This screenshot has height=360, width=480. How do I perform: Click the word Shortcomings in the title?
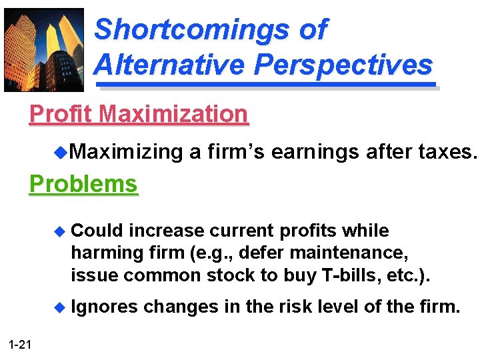point(211,29)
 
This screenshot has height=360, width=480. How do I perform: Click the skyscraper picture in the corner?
point(44,50)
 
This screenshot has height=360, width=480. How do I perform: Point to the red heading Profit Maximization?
point(139,114)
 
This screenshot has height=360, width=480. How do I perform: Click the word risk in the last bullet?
point(304,307)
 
